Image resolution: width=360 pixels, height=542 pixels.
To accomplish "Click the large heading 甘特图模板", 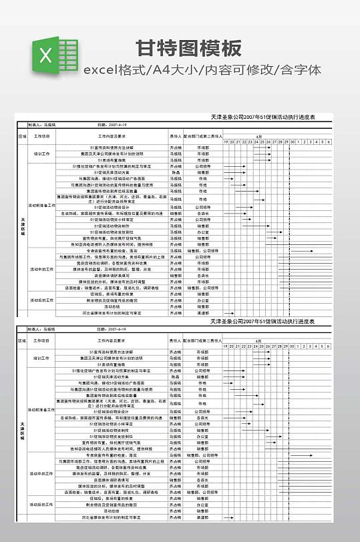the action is pyautogui.click(x=188, y=48).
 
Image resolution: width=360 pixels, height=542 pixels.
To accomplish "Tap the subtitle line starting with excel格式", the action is pyautogui.click(x=202, y=69).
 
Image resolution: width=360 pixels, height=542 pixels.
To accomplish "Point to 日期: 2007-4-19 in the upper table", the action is pyautogui.click(x=112, y=124).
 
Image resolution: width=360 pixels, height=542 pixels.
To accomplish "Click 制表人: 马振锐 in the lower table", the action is pyautogui.click(x=41, y=329).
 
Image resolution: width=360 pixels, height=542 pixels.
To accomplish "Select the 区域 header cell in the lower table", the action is pyautogui.click(x=22, y=340).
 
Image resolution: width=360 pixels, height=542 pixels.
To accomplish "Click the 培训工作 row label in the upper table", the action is pyautogui.click(x=41, y=154).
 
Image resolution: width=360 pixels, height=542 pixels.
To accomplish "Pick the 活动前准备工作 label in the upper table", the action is pyautogui.click(x=41, y=205).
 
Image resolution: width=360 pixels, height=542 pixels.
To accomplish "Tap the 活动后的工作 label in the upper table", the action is pyautogui.click(x=41, y=300).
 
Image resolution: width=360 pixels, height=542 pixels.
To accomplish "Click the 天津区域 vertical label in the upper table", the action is pyautogui.click(x=22, y=227).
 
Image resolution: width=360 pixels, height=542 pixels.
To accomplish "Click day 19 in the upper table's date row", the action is pyautogui.click(x=225, y=142).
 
